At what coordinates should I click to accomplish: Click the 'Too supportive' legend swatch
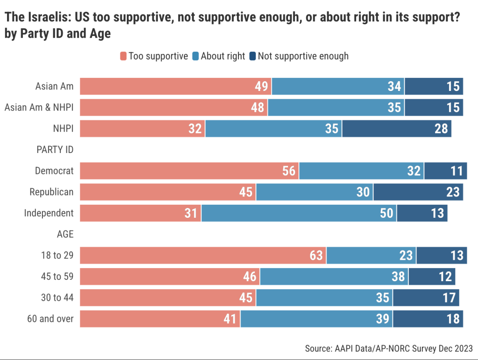point(123,56)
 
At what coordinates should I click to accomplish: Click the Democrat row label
point(54,171)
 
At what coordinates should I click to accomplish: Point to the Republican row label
point(51,192)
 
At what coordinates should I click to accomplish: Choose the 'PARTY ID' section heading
point(55,150)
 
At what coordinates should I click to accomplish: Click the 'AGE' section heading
point(65,234)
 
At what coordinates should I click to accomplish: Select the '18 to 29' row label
point(57,255)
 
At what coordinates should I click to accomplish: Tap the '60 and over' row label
point(51,319)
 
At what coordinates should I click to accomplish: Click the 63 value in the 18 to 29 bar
point(316,256)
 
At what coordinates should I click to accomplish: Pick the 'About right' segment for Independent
point(299,213)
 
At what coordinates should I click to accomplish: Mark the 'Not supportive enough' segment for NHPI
point(397,129)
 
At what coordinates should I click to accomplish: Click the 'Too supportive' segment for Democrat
point(189,171)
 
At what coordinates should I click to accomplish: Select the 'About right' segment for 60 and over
point(316,319)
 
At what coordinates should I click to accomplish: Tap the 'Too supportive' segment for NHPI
point(142,129)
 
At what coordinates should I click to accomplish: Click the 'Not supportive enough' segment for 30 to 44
point(426,298)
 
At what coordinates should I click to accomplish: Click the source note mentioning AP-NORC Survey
point(388,348)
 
